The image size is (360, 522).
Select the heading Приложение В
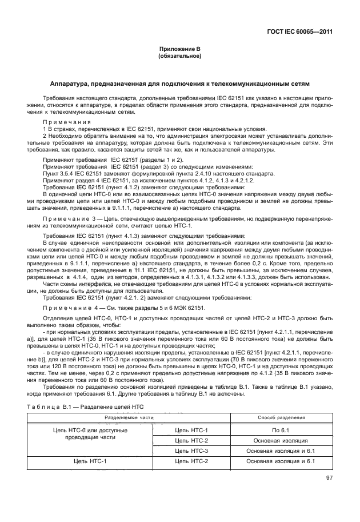[x=179, y=50]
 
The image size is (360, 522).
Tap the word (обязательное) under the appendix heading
[x=179, y=57]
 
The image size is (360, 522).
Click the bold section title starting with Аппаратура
[x=179, y=83]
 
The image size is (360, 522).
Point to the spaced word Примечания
[x=63, y=122]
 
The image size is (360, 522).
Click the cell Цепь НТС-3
[x=191, y=451]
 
